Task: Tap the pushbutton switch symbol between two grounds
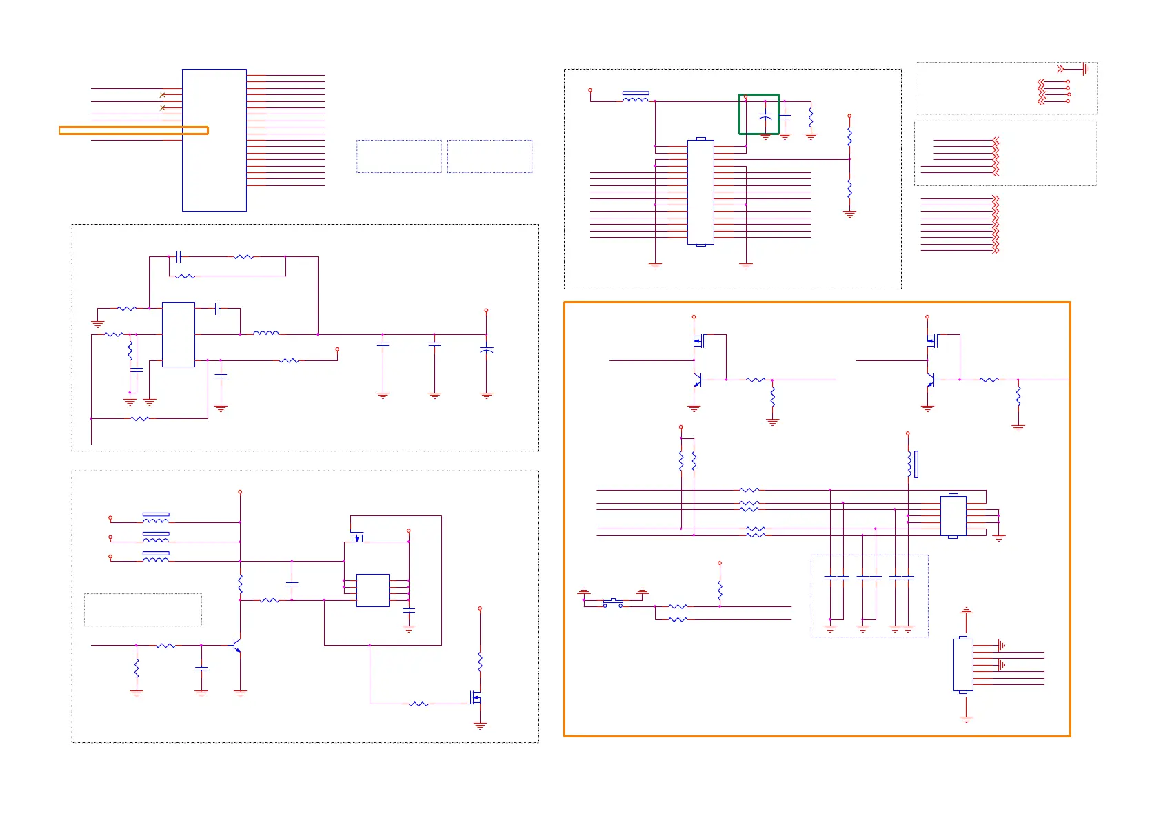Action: (613, 604)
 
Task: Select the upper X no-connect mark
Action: (163, 95)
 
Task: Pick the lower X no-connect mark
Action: (163, 108)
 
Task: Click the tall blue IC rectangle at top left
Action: (214, 140)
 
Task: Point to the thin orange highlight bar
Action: (133, 130)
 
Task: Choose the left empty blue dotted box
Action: (398, 156)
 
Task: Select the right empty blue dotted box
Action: (489, 156)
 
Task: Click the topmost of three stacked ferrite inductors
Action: (156, 519)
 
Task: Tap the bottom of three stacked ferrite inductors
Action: (156, 557)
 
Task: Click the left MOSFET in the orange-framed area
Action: (697, 340)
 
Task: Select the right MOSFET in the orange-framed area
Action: (931, 340)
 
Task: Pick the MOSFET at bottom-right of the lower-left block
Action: (476, 697)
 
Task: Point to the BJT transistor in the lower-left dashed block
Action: (237, 646)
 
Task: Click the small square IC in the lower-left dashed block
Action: (373, 590)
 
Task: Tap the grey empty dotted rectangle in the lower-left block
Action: (143, 610)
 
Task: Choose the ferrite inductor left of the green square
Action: (635, 98)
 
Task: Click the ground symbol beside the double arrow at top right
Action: (1086, 69)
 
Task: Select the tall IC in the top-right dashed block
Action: (700, 192)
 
